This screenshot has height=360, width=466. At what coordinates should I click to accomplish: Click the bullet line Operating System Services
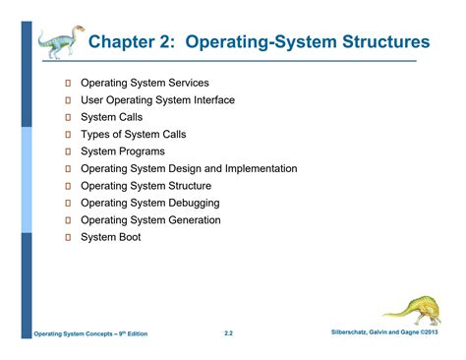click(x=157, y=83)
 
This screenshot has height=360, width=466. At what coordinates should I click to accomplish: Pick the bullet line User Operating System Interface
click(x=171, y=99)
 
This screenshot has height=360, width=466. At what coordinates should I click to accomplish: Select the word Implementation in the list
click(x=260, y=168)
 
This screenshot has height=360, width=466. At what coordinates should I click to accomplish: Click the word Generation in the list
click(x=220, y=220)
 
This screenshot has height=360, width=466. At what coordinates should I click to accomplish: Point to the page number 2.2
click(x=228, y=333)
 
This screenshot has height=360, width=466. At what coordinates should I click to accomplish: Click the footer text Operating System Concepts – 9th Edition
click(x=91, y=334)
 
